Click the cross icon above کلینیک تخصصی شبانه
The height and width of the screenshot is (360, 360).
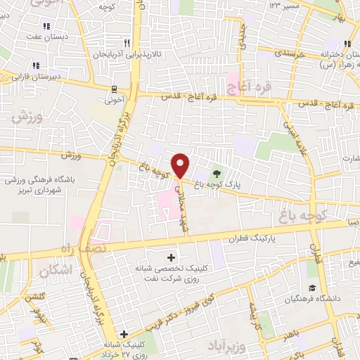coord(172,257)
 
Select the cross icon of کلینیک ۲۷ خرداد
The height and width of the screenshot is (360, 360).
coord(124,334)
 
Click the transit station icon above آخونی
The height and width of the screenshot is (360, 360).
coord(114,89)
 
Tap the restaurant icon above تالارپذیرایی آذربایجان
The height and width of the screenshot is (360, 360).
coord(126,42)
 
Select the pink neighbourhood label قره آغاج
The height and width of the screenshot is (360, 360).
coord(245,87)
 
